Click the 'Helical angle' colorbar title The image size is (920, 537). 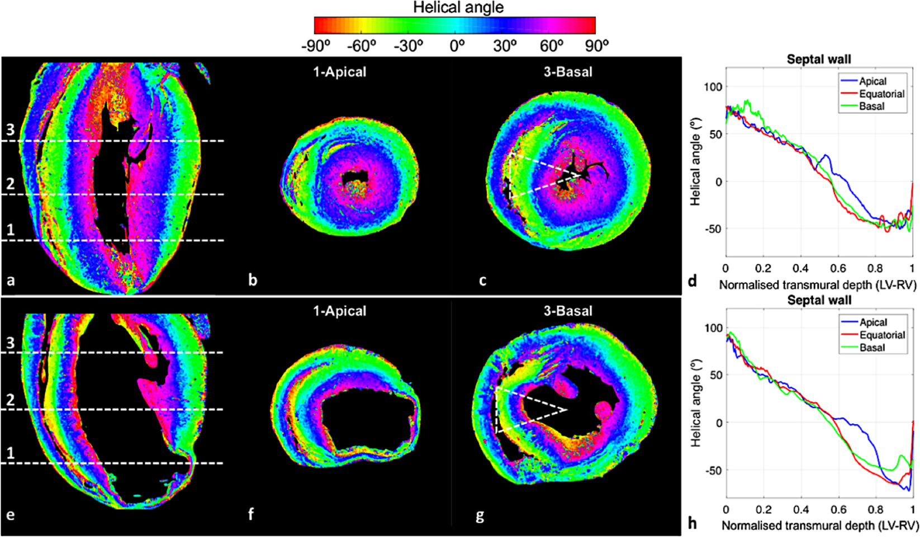tap(458, 8)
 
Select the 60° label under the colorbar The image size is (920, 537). tap(552, 46)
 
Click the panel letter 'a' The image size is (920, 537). tap(11, 280)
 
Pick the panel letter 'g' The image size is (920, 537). tap(480, 515)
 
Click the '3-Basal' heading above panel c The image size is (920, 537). tap(568, 72)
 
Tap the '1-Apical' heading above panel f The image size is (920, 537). tap(339, 311)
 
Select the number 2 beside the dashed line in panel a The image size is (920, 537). tap(10, 183)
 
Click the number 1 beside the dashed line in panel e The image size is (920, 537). tap(10, 453)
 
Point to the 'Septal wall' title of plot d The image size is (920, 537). tap(819, 59)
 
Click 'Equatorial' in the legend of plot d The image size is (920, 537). tap(881, 94)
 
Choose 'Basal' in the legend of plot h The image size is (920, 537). tap(872, 348)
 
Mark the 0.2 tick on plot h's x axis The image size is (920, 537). tap(763, 510)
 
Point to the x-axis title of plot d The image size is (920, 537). tap(818, 285)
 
